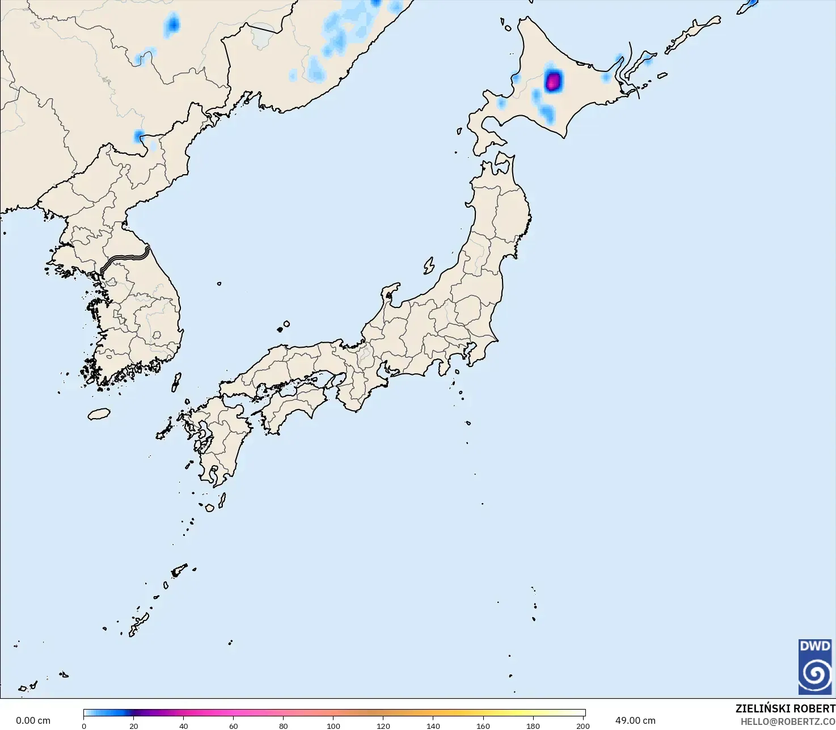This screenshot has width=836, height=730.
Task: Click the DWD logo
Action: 815,666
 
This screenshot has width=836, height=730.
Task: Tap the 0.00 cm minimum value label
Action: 33,720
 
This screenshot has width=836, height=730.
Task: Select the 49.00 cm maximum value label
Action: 635,720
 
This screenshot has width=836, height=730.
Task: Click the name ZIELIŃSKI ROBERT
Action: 785,708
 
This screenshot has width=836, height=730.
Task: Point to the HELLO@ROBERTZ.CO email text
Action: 788,721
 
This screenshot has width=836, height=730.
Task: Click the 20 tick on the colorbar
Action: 134,725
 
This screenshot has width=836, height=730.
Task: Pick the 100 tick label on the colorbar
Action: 333,725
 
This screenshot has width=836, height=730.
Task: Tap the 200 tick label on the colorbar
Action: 583,725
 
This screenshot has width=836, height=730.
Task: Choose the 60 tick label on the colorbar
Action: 234,725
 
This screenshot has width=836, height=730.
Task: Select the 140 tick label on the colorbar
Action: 433,725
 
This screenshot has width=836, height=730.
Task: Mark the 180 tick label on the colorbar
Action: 533,725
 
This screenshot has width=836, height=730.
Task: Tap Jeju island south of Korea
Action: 99,414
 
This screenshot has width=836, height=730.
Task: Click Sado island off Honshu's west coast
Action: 429,265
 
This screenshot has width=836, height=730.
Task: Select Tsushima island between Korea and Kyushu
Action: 176,381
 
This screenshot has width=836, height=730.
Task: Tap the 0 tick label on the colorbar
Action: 84,725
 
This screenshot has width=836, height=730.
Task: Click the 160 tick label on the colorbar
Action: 483,725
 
